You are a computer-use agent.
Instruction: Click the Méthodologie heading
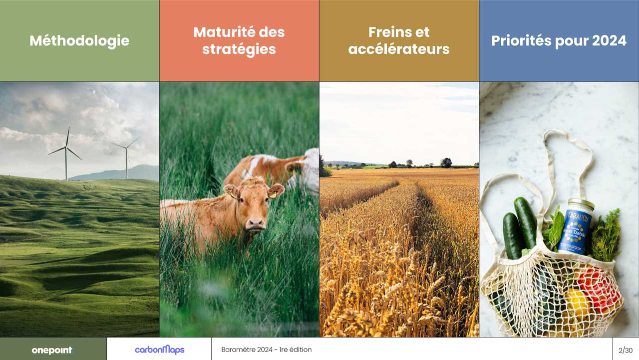79,40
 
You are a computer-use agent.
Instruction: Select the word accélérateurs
399,49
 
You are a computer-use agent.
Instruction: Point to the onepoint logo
53,350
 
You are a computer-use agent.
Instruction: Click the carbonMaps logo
160,349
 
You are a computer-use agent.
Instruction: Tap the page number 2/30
626,350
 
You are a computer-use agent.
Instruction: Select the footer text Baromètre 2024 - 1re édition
267,349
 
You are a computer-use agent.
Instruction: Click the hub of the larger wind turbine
66,147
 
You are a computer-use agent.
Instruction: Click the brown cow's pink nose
255,223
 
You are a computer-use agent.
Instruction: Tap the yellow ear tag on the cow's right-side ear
273,195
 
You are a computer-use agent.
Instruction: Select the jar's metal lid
581,203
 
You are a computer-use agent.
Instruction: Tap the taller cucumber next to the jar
525,223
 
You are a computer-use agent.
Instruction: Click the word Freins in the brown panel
389,31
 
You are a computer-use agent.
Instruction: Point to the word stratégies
239,49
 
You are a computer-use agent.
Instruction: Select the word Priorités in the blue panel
521,40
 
